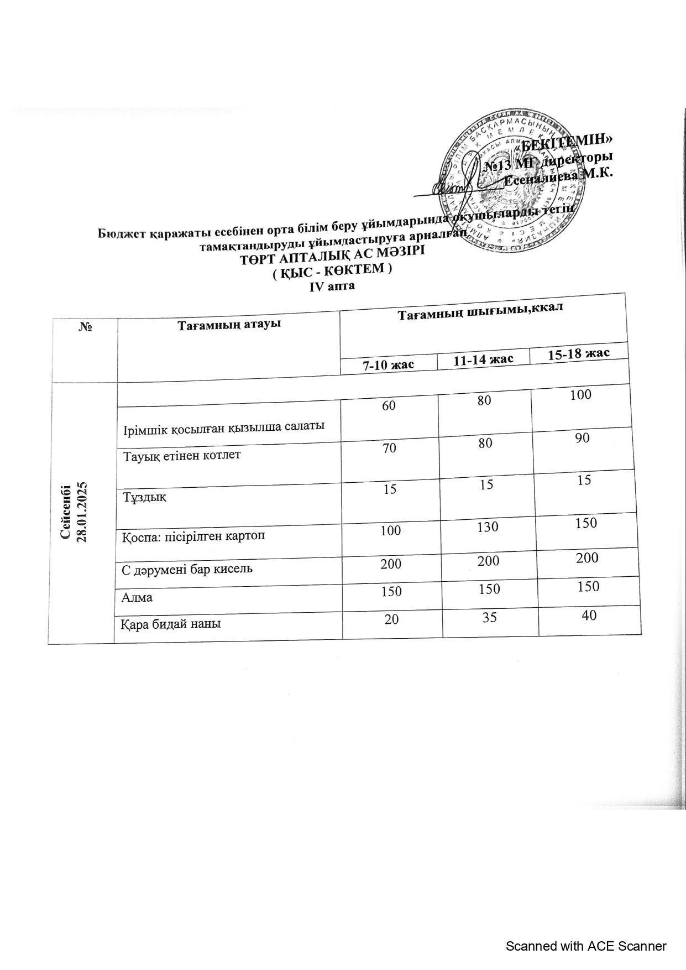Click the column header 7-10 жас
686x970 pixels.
pyautogui.click(x=387, y=365)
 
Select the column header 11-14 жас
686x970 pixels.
pyautogui.click(x=483, y=359)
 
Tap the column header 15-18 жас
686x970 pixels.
pyautogui.click(x=578, y=353)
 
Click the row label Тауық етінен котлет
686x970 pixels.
pyautogui.click(x=182, y=456)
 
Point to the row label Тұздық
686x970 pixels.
pyautogui.click(x=144, y=497)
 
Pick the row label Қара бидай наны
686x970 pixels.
pyautogui.click(x=171, y=624)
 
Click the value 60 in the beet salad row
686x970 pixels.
pyautogui.click(x=389, y=405)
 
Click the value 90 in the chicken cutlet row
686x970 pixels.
pyautogui.click(x=582, y=438)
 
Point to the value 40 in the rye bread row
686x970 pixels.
pyautogui.click(x=589, y=614)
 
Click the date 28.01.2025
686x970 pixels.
pyautogui.click(x=82, y=512)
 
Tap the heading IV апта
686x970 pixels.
pyautogui.click(x=332, y=286)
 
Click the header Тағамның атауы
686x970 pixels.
pyautogui.click(x=229, y=324)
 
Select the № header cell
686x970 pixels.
pyautogui.click(x=85, y=327)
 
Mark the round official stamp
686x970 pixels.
pyautogui.click(x=514, y=182)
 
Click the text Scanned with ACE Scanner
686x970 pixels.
pyautogui.click(x=586, y=946)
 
